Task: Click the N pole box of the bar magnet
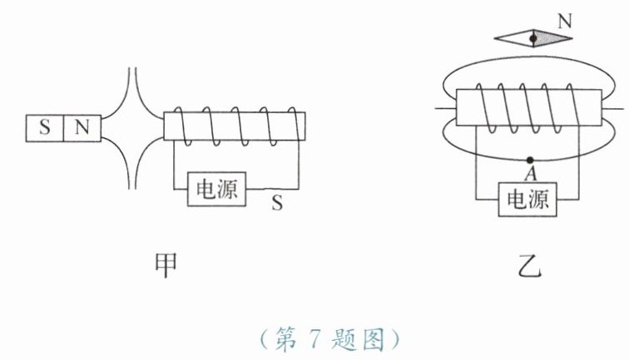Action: pos(81,128)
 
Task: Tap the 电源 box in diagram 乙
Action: pos(527,200)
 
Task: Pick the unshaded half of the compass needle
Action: pos(512,38)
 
